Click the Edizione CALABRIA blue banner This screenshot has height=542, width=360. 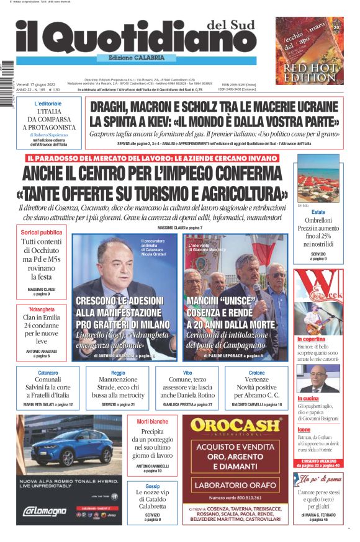pos(137,58)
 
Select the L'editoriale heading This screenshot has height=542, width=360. pos(48,103)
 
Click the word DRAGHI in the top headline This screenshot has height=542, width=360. pos(115,107)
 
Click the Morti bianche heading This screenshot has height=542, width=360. pos(152,422)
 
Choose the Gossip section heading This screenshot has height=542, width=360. pos(152,487)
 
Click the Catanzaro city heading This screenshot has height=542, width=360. pos(48,373)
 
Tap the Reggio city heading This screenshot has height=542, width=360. pos(118,373)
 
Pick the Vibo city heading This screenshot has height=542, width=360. pos(187,373)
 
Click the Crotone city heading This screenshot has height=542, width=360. pos(256,373)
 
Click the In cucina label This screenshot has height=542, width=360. pos(308,398)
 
